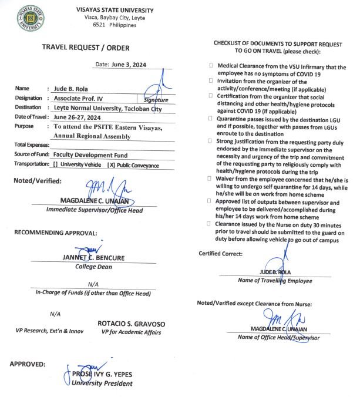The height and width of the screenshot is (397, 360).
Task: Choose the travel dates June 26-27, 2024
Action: tap(78, 117)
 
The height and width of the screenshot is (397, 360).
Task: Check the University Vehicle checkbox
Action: tap(55, 165)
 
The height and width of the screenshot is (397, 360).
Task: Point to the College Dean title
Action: tap(94, 266)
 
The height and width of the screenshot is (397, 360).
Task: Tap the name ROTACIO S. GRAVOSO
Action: tap(131, 324)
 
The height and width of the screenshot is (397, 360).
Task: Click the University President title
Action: tap(102, 383)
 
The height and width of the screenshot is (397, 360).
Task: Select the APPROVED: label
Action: tap(28, 364)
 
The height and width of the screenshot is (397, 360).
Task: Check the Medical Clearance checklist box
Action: tap(211, 68)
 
